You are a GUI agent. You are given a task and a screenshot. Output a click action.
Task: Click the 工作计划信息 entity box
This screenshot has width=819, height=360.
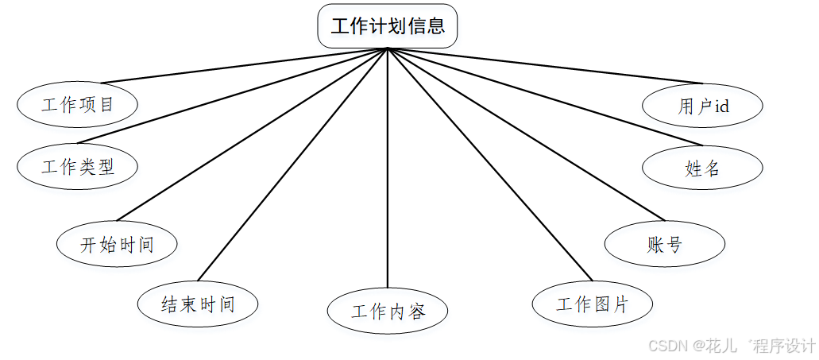click(388, 26)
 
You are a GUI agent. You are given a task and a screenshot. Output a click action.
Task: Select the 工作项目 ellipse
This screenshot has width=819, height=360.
click(78, 104)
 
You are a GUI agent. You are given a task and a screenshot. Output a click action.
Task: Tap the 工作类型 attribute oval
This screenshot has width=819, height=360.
click(78, 166)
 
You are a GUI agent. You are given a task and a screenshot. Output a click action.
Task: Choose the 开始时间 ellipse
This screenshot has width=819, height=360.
click(117, 244)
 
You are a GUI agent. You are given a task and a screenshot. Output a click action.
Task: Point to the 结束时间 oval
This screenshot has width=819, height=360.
click(198, 304)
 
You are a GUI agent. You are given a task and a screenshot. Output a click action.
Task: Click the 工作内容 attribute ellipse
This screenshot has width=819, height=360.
click(388, 310)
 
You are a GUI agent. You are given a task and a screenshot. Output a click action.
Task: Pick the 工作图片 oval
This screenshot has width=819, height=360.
click(593, 304)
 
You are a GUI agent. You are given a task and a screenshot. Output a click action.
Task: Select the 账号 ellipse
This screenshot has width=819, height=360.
click(665, 244)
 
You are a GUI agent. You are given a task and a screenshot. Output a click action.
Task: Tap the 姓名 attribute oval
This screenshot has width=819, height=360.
click(702, 168)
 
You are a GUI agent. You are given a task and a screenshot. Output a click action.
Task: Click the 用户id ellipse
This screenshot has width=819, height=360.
click(702, 106)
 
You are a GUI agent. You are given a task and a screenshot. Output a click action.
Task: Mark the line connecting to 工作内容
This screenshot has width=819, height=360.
click(388, 167)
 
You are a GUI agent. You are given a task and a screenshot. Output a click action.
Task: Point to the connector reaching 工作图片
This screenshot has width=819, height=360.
click(490, 165)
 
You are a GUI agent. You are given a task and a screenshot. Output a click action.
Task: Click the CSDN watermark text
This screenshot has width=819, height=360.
click(731, 346)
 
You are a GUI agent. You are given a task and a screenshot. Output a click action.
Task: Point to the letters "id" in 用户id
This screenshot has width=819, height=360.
click(720, 106)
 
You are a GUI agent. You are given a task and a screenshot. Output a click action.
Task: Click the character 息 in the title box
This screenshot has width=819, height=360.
click(436, 26)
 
